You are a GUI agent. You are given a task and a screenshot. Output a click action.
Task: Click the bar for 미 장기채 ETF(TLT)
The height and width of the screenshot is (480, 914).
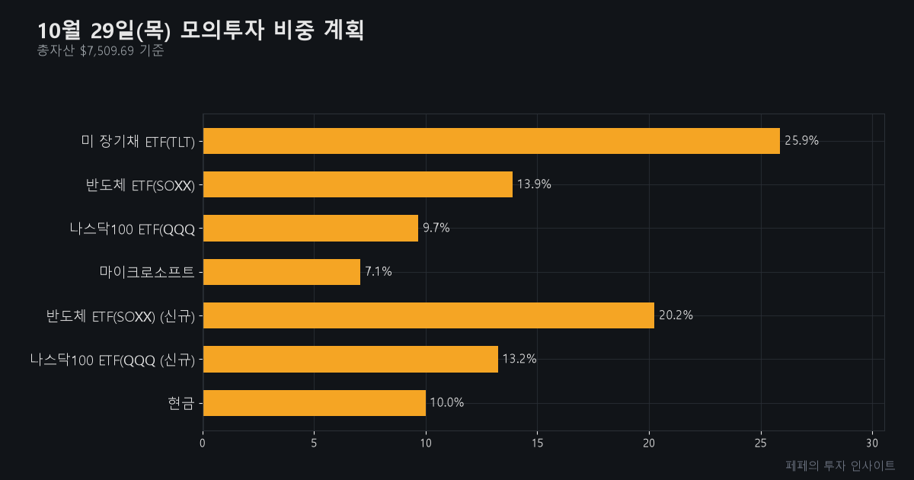[491, 141]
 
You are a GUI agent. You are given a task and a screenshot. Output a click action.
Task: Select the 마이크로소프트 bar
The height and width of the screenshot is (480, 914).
[282, 272]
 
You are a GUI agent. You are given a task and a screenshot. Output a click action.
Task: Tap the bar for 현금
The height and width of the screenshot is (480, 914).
[314, 403]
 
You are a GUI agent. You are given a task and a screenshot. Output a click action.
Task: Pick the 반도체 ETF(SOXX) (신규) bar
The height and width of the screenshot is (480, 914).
[428, 315]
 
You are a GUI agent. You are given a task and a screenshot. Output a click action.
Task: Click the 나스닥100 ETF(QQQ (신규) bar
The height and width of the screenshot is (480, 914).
[350, 359]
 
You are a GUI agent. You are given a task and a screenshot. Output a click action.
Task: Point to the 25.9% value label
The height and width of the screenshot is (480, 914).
[801, 141]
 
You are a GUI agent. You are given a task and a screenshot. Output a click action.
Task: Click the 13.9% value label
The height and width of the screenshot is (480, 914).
[534, 184]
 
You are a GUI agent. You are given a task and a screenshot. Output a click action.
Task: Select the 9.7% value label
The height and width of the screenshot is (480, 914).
[436, 228]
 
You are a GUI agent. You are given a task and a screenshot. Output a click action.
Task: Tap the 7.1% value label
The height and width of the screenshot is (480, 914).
[379, 271]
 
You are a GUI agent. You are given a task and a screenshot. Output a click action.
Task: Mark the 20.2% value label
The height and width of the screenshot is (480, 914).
[676, 315]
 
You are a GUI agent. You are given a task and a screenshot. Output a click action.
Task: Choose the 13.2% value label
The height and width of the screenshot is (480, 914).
[519, 359]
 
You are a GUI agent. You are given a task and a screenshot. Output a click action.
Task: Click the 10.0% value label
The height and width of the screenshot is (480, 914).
[447, 402]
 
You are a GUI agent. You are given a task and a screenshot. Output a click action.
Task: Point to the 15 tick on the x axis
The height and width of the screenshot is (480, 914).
[538, 443]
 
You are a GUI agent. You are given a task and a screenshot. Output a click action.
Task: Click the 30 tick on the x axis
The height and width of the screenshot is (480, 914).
[872, 443]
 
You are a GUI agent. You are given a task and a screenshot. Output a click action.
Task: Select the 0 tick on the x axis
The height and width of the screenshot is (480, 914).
[203, 443]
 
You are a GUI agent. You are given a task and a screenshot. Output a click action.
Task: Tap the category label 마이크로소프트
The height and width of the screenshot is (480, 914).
[147, 272]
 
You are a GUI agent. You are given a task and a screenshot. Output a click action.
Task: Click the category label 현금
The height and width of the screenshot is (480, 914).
[181, 403]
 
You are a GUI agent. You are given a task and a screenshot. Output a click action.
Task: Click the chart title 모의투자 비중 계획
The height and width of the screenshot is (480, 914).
[272, 30]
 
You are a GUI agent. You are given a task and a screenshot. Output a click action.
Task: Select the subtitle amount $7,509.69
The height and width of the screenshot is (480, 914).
[107, 51]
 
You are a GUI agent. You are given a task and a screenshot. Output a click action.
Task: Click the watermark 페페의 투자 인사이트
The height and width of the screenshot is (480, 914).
[840, 466]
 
